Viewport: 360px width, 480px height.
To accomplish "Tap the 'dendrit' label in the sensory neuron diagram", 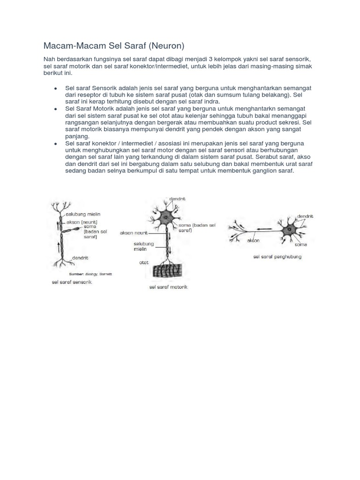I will (x=81, y=258).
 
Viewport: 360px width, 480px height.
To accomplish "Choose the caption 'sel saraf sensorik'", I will (x=72, y=283).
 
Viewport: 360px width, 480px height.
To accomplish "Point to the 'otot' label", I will (x=143, y=262).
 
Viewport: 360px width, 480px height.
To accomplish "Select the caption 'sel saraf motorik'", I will (x=168, y=287).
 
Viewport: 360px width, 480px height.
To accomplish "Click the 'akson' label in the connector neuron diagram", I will (x=253, y=240).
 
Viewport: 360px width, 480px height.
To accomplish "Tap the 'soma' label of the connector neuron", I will (x=300, y=244).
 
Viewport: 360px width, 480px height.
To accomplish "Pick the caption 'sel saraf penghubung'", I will (x=277, y=257).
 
